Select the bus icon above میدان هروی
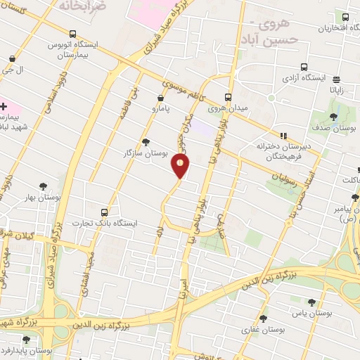click(x=228, y=98)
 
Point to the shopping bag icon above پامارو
click(x=162, y=98)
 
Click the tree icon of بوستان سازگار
click(x=146, y=141)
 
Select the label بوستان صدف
click(x=334, y=129)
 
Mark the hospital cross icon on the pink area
click(x=4, y=107)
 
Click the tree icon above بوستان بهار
click(x=44, y=186)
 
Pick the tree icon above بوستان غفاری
click(x=263, y=318)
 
